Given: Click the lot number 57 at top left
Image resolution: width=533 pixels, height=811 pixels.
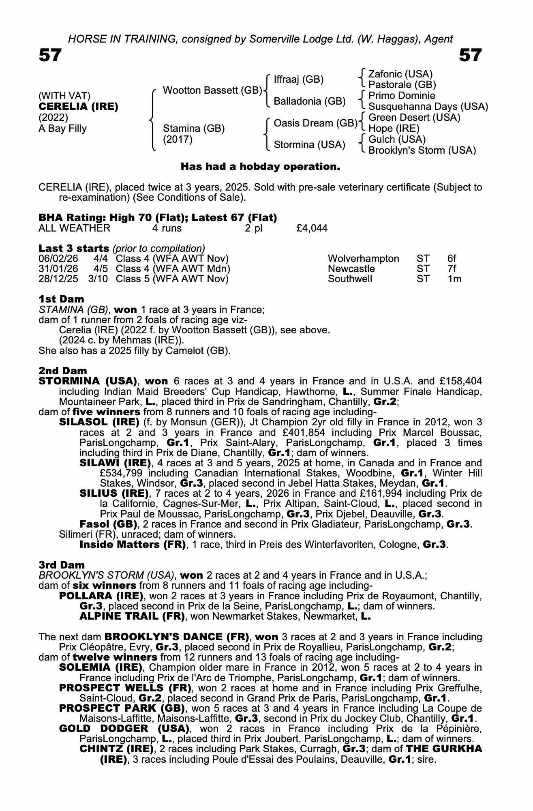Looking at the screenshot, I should tap(50, 56).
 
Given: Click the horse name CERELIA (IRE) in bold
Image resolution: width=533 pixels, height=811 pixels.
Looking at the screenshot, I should tap(78, 107).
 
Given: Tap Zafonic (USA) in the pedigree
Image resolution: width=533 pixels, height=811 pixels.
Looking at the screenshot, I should tap(400, 74).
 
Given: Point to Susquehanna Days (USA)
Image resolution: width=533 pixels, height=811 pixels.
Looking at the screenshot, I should tap(428, 107).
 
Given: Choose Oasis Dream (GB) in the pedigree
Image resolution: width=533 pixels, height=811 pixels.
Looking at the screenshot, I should tap(315, 123).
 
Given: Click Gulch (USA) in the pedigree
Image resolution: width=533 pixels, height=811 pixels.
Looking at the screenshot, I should tap(397, 139).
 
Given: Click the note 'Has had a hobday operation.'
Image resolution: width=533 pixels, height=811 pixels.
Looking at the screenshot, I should tap(260, 167).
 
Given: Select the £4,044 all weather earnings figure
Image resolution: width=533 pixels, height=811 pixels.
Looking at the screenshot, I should tap(312, 228).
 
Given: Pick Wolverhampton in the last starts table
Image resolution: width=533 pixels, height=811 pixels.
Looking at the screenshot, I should tap(363, 259).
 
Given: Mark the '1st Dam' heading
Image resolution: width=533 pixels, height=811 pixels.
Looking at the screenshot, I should tap(61, 299).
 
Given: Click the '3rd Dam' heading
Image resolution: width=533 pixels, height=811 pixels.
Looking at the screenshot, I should tap(62, 565).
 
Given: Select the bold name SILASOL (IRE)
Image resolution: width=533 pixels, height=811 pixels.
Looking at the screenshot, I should tap(99, 422).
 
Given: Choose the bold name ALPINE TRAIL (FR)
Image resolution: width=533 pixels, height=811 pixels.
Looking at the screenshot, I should tap(132, 616).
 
